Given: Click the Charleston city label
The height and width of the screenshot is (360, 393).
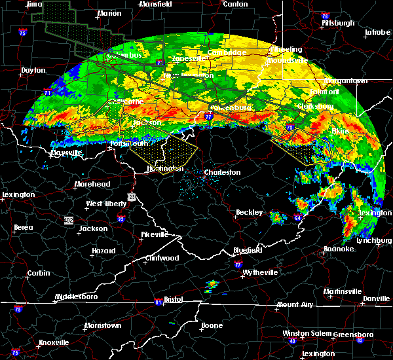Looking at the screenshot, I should click(222, 173).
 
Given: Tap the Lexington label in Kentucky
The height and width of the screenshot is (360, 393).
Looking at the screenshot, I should click(18, 195).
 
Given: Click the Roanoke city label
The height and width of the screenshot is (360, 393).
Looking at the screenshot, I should click(339, 249).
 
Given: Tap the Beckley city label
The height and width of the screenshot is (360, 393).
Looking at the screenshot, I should click(250, 213).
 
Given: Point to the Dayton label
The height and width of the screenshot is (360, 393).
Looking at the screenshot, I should click(33, 70).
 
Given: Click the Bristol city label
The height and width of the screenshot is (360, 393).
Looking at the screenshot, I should click(174, 299).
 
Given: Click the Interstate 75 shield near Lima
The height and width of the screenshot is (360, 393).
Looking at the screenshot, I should click(23, 32).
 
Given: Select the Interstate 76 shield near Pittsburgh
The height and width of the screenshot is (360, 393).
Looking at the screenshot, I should click(325, 16).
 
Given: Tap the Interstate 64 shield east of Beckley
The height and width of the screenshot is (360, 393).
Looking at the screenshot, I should click(298, 218).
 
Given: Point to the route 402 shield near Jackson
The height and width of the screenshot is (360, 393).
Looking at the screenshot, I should click(68, 219).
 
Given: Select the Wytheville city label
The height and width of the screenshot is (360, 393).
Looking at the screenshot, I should click(260, 272).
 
